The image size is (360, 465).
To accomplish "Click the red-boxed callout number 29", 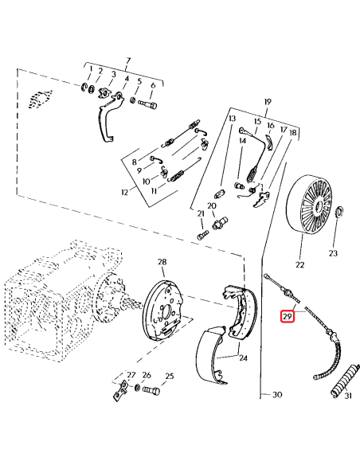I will coord(288,318).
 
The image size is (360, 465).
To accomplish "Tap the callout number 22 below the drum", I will coord(300,264).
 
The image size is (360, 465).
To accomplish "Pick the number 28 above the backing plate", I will coord(162,262).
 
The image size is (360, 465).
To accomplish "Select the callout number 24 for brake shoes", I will coord(243,358).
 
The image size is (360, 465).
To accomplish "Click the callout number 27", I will coord(131,375).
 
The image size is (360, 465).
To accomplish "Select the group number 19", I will coord(267,103).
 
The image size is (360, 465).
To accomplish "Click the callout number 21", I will coord(202,213).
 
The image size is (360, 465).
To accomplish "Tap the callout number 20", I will coord(212,205).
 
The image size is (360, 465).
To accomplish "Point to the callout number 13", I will coord(233,119).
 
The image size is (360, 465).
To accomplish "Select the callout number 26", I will coord(147,375).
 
